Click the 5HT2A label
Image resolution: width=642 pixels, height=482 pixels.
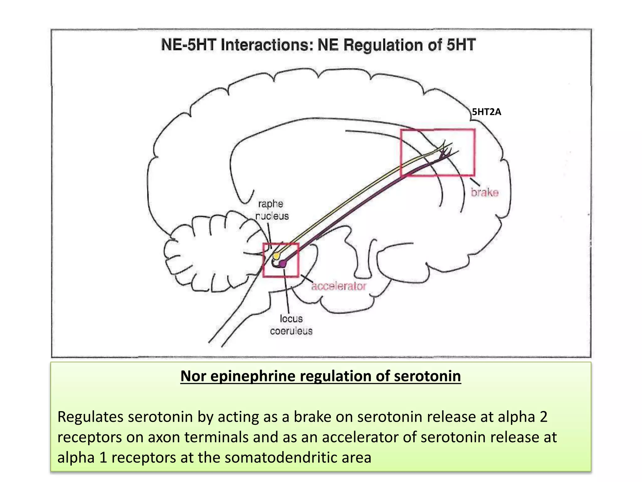487,112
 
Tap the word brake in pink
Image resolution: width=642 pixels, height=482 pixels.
484,192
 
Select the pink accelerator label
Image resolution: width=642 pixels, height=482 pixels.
339,286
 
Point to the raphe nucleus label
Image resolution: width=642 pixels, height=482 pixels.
271,210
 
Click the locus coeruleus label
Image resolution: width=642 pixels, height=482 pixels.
291,325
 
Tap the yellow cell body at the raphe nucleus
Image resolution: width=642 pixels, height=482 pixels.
276,256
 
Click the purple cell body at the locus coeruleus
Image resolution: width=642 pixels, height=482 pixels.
283,264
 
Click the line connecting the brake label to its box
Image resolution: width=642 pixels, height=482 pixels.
475,182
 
